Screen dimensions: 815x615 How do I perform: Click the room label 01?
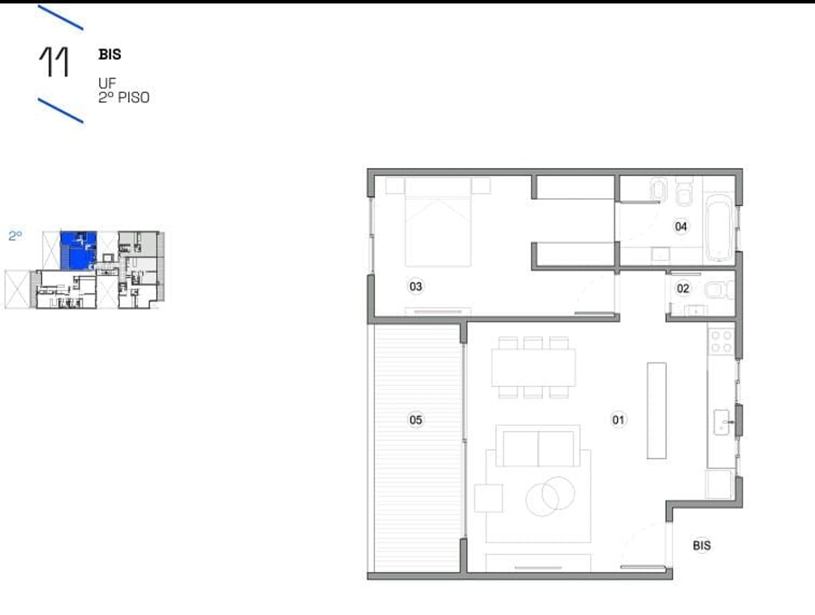coord(618,420)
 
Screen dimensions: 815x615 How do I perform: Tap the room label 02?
coord(683,289)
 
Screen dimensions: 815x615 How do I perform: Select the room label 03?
coord(416,287)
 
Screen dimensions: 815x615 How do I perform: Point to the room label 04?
coord(681,226)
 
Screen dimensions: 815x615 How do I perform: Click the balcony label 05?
coord(416,420)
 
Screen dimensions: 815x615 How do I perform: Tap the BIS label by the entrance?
coord(702,546)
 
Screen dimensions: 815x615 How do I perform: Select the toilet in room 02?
coord(719,291)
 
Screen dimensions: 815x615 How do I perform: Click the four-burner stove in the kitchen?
coord(722,342)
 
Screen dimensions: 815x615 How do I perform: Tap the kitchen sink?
coord(722,422)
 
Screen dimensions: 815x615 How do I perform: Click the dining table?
coord(534,367)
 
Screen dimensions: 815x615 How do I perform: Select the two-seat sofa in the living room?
coord(538,446)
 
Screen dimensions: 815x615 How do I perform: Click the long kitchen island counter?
coord(656,410)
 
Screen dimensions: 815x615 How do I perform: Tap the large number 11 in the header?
coord(54,62)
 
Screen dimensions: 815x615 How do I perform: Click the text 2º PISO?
coord(124,98)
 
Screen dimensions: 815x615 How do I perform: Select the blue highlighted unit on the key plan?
coord(78,251)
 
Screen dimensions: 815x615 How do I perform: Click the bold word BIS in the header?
coord(110,54)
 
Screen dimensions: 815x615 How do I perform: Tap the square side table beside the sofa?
coord(488,498)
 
